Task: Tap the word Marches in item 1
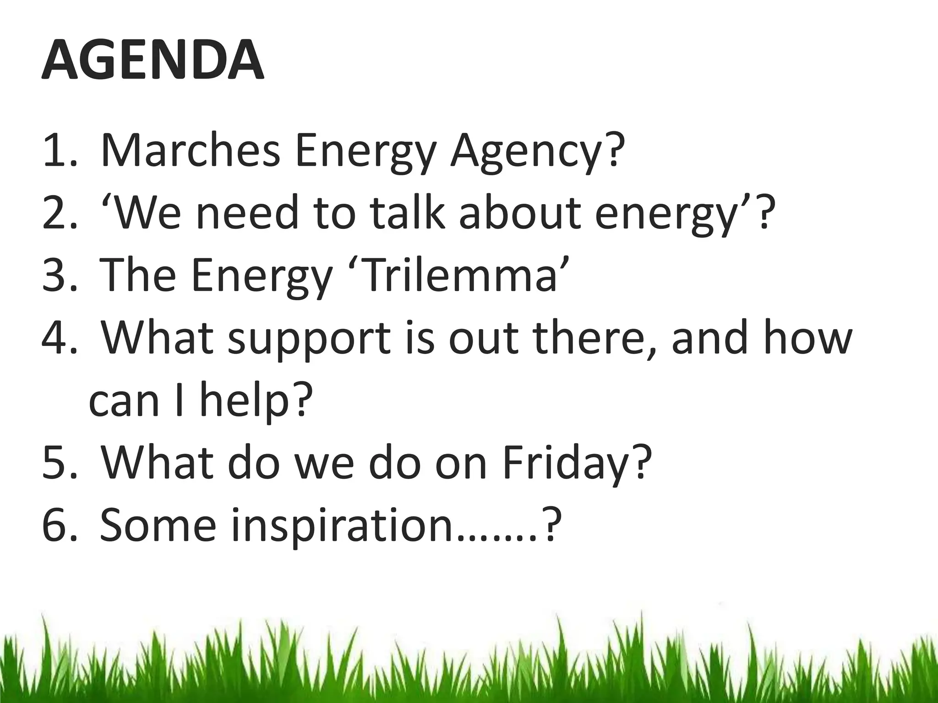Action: pyautogui.click(x=190, y=151)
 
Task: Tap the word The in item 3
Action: pyautogui.click(x=138, y=275)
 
